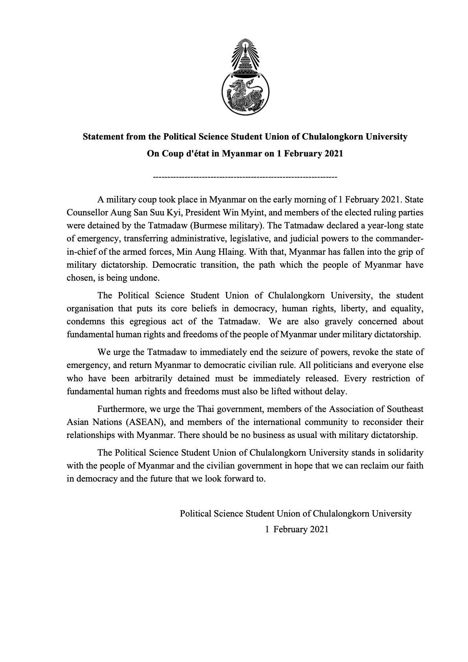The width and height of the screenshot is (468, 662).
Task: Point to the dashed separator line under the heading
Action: point(245,177)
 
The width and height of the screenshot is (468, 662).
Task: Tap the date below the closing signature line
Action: point(297,529)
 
